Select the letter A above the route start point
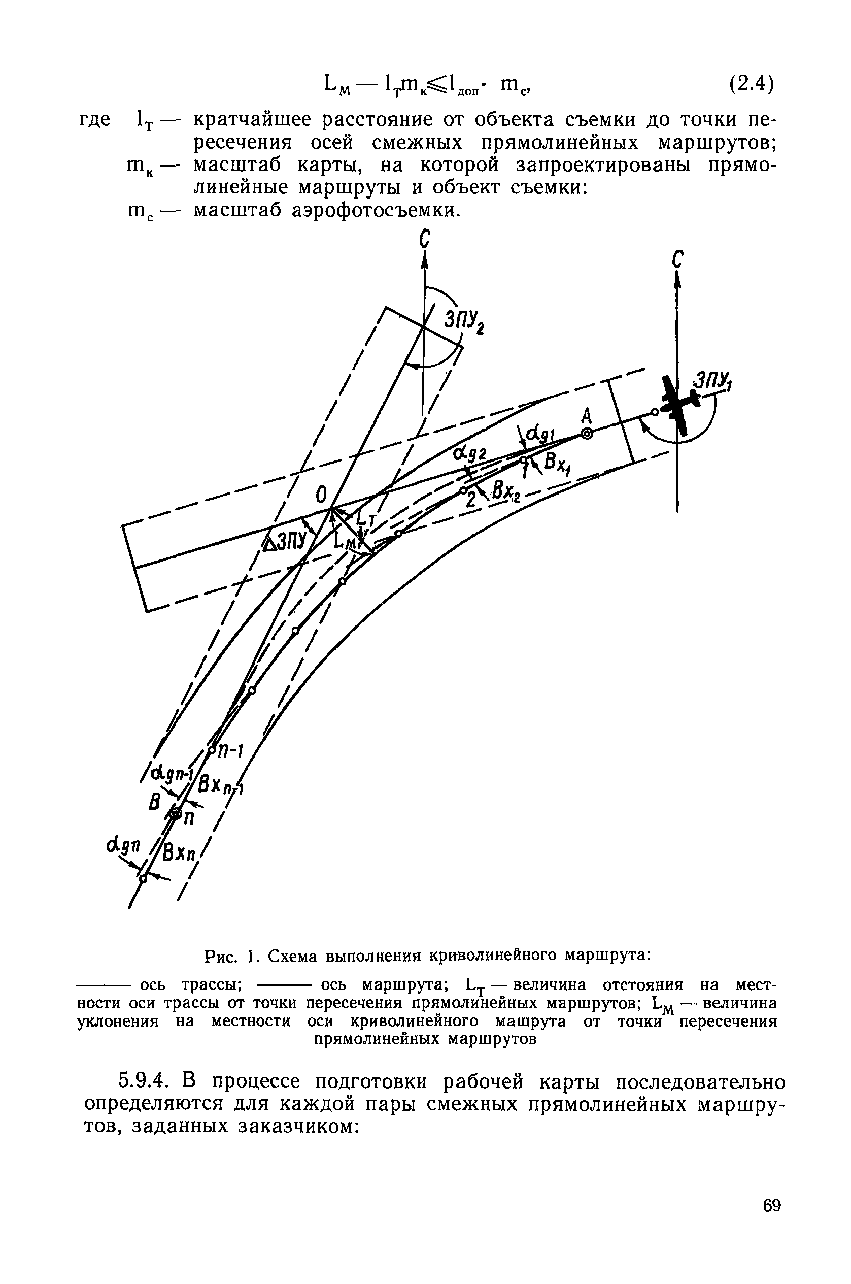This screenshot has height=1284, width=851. tap(586, 416)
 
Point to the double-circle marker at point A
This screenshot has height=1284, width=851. tap(587, 433)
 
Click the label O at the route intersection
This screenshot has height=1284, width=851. tap(321, 495)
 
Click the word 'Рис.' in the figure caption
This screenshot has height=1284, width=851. tap(221, 956)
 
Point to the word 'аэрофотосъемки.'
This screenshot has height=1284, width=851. tap(376, 210)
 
